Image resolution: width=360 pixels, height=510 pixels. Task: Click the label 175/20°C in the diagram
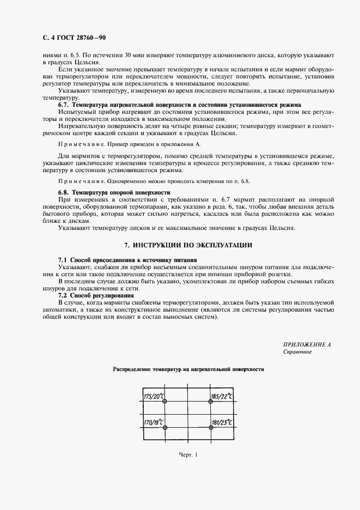(153, 396)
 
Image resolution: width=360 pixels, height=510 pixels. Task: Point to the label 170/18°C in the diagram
(153, 421)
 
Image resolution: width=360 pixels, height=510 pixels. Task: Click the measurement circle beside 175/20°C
(164, 402)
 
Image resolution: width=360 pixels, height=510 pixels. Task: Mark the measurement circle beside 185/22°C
(210, 402)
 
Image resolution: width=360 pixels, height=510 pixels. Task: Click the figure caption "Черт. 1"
(188, 470)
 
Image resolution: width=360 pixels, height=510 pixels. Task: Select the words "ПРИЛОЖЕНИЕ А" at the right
(307, 345)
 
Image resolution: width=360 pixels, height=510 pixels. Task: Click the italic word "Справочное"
(297, 352)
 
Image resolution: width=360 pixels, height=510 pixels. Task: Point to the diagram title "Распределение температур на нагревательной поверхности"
(188, 369)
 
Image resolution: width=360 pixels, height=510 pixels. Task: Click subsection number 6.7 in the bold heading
(63, 104)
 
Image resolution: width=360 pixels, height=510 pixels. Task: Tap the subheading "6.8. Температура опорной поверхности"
(114, 193)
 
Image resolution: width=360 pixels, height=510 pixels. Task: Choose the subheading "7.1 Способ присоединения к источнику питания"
(127, 260)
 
